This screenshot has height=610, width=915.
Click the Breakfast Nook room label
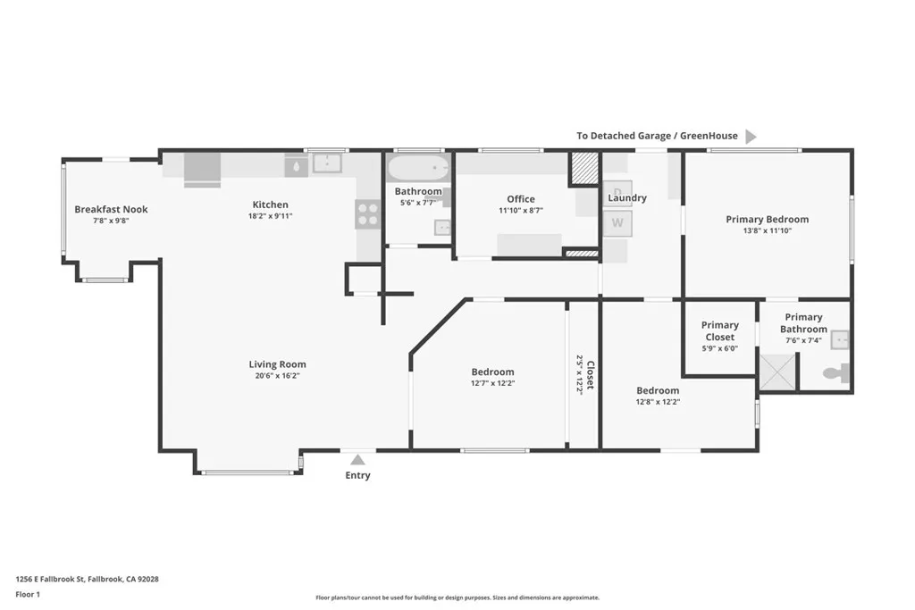click(111, 209)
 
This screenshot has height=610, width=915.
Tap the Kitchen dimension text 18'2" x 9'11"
click(270, 216)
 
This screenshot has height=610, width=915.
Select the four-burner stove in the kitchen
click(367, 213)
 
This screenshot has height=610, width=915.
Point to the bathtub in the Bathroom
click(418, 168)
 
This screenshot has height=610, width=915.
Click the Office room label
click(520, 199)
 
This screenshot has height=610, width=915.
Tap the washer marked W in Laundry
click(617, 223)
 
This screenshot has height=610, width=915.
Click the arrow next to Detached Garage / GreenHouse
click(751, 137)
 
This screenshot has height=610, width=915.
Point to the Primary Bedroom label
click(767, 220)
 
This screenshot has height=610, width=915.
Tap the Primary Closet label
click(719, 330)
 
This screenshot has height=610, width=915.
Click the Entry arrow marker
click(357, 459)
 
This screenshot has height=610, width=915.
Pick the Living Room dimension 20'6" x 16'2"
click(277, 376)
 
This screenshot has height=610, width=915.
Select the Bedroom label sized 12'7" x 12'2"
click(492, 372)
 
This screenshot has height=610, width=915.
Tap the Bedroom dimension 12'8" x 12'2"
click(658, 402)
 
